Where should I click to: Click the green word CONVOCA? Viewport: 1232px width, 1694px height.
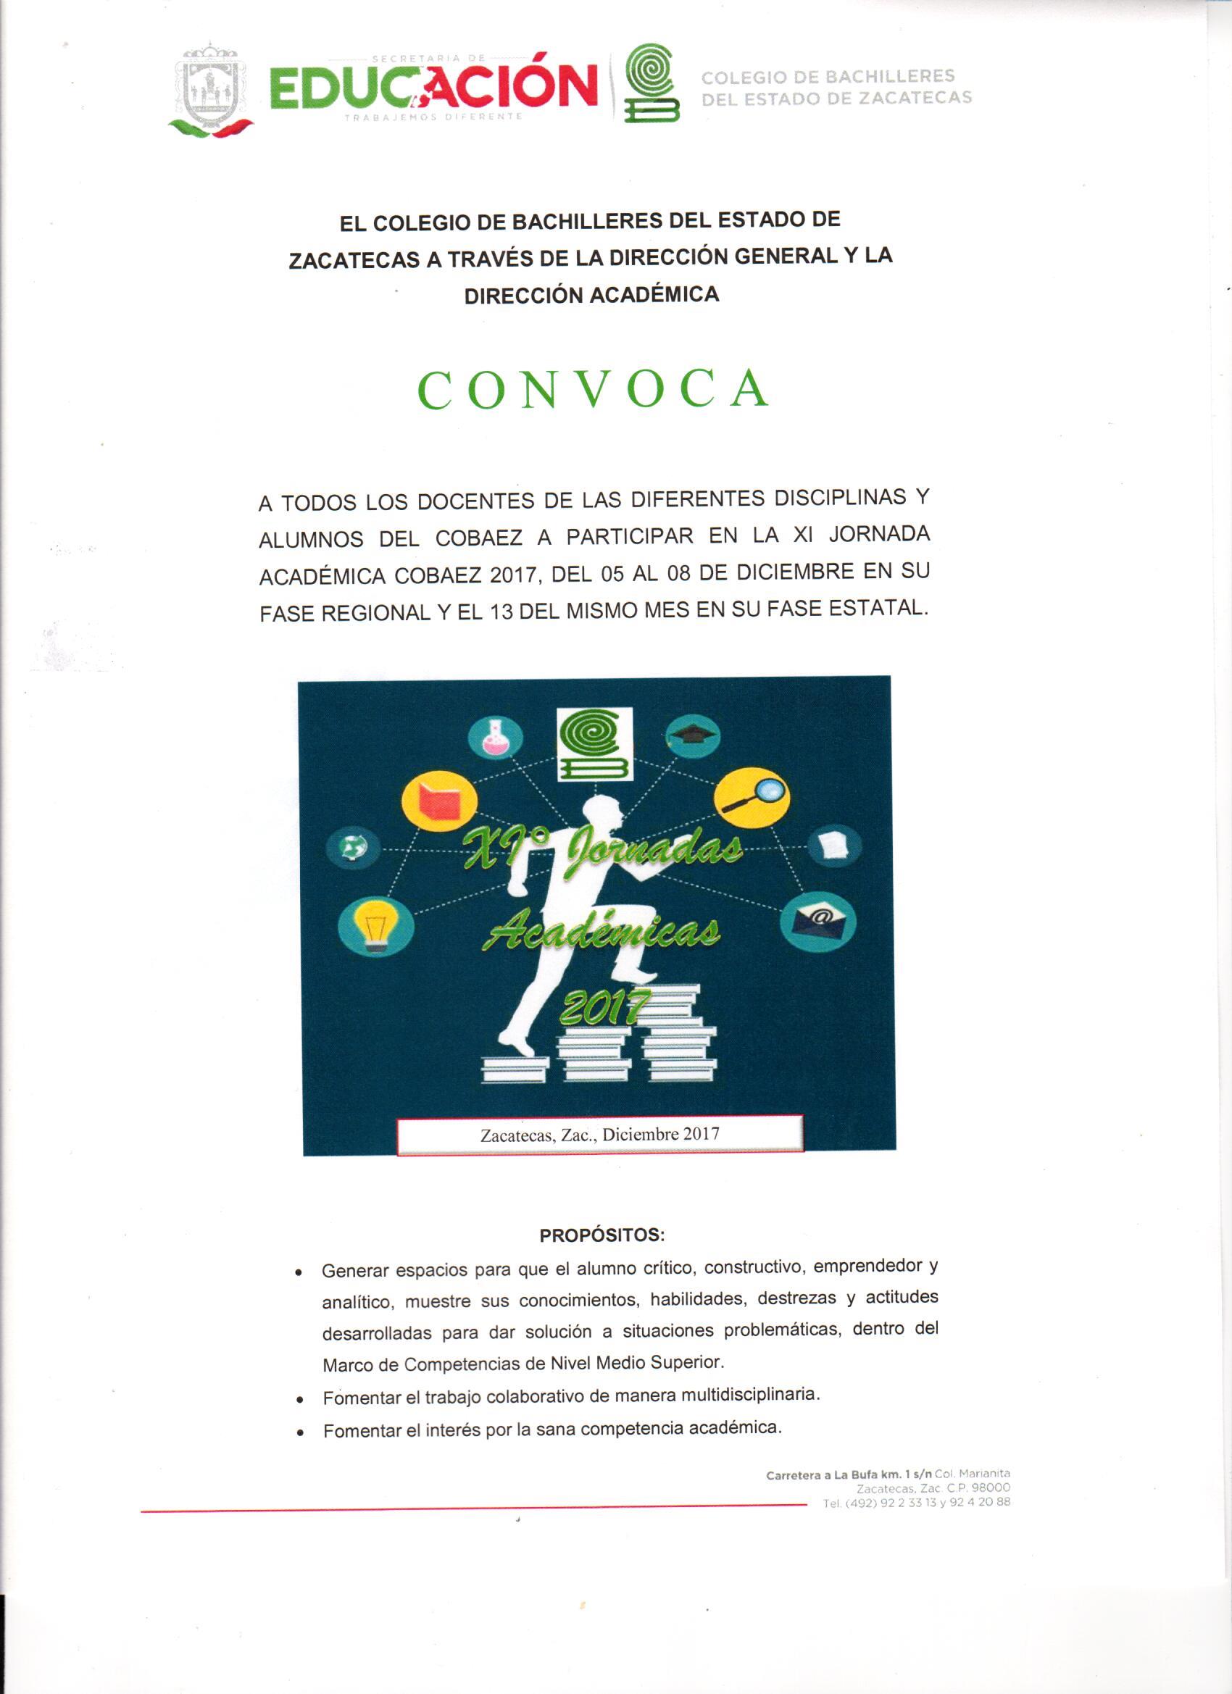tap(594, 390)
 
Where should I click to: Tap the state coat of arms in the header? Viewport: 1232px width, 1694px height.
tap(211, 92)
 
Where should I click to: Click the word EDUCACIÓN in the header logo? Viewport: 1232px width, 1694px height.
tap(433, 87)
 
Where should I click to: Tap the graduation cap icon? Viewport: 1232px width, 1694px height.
tap(692, 735)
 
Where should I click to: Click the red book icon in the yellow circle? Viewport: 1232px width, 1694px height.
tap(438, 804)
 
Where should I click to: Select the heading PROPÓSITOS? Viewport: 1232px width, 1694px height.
tap(602, 1235)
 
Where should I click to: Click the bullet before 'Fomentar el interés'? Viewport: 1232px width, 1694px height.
tap(299, 1433)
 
